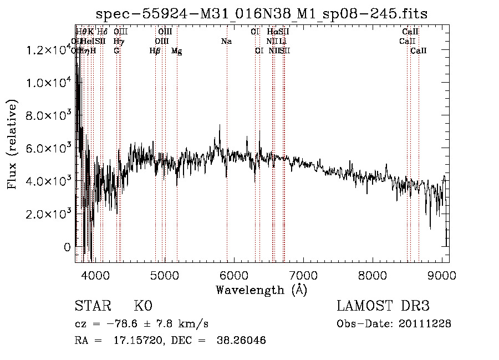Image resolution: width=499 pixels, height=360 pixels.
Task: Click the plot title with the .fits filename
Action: pyautogui.click(x=262, y=14)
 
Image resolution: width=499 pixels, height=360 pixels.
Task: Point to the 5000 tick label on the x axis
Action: pyautogui.click(x=164, y=275)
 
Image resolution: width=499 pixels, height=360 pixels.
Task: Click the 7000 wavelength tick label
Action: pyautogui.click(x=303, y=275)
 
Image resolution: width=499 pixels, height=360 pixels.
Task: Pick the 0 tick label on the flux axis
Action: pyautogui.click(x=67, y=247)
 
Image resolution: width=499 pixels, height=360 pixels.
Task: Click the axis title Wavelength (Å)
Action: pyautogui.click(x=261, y=290)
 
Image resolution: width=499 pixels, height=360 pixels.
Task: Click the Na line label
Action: pyautogui.click(x=226, y=42)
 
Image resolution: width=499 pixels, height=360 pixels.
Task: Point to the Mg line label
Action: pyautogui.click(x=176, y=51)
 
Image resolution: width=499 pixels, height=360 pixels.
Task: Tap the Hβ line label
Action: pyautogui.click(x=155, y=51)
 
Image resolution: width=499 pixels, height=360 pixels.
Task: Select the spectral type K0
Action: pyautogui.click(x=143, y=306)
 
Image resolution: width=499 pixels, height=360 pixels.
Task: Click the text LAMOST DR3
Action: pyautogui.click(x=383, y=306)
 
